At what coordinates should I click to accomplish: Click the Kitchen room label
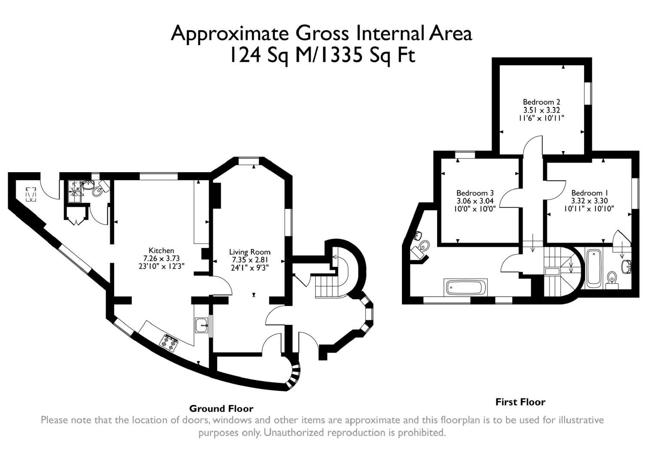point(161,250)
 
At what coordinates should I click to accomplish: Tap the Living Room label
point(249,252)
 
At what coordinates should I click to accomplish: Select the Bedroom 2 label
point(542,102)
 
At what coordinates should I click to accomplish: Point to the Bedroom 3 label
point(475,193)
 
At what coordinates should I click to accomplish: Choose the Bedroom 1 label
point(590,193)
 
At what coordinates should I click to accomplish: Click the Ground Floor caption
point(221,409)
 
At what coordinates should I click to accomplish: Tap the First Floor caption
point(520,402)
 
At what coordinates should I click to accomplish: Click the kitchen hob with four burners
point(169,343)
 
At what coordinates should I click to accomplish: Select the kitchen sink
point(202,325)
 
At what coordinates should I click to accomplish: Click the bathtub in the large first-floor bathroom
point(465,288)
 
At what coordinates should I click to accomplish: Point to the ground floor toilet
point(100,188)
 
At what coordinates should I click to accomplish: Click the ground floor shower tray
point(75,192)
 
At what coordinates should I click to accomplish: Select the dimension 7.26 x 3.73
point(161,258)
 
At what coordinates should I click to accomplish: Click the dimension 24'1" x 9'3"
point(250,268)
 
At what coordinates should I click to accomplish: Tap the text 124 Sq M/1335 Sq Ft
point(322,55)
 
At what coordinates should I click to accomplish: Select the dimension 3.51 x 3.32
point(542,110)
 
